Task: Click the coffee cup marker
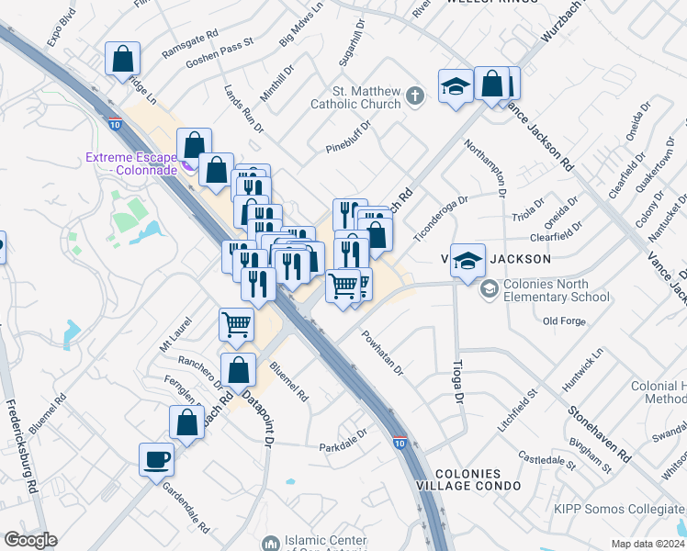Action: pyautogui.click(x=156, y=457)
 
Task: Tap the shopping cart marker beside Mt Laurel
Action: pyautogui.click(x=237, y=323)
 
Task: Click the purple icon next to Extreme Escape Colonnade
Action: pyautogui.click(x=186, y=165)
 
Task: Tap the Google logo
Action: pyautogui.click(x=30, y=540)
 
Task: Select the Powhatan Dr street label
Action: pyautogui.click(x=382, y=354)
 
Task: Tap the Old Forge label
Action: pyautogui.click(x=563, y=320)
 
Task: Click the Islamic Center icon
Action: pyautogui.click(x=269, y=543)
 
